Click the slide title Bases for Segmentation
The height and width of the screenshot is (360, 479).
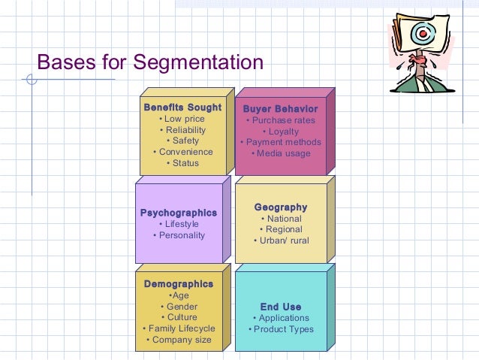pos(150,61)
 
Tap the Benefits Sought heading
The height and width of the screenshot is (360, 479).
pos(182,107)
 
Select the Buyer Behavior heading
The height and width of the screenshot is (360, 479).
pos(280,109)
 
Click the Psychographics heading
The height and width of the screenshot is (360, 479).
pos(179,213)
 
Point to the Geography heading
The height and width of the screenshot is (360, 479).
pos(281,207)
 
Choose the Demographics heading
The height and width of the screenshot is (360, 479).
pos(179,284)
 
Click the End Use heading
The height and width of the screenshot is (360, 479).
pos(281,307)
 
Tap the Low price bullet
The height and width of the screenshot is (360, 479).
pos(182,119)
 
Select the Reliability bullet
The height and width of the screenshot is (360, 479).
pos(182,130)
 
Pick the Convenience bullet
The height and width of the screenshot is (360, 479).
pos(182,152)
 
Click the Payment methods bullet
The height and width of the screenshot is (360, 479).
pos(281,142)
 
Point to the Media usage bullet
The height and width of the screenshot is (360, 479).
pos(281,153)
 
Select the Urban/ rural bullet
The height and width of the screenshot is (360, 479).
pos(281,241)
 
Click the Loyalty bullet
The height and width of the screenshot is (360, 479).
pos(281,132)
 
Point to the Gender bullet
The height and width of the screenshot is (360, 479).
pos(179,307)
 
